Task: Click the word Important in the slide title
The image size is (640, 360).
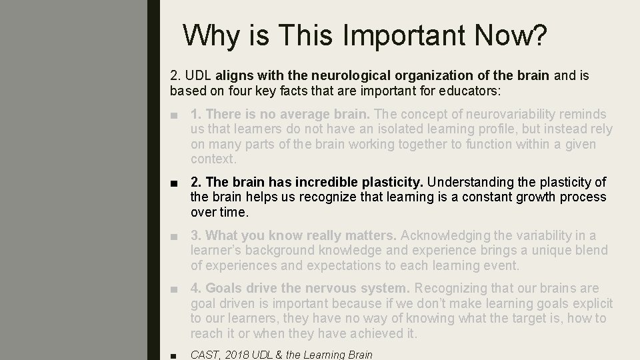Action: (387, 35)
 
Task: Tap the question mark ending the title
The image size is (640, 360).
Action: (537, 35)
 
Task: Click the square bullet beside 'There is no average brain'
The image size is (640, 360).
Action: (174, 115)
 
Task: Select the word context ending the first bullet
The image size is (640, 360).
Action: (212, 159)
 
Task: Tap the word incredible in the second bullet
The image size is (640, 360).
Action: (322, 183)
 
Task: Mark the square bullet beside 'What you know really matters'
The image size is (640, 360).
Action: (174, 236)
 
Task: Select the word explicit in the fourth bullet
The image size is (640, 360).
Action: (589, 303)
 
